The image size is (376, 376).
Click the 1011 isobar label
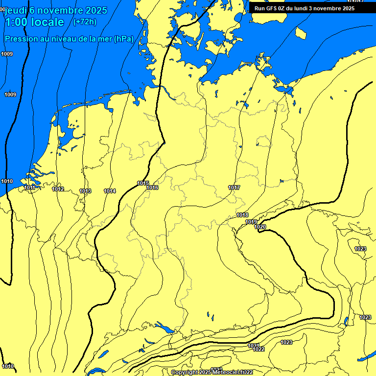click(29, 188)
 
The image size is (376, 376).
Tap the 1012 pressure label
click(58, 189)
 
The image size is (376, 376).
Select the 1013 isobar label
click(85, 191)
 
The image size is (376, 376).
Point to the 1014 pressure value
click(110, 191)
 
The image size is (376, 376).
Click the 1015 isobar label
click(143, 184)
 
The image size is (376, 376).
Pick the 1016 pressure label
click(152, 188)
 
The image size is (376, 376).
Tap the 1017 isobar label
click(234, 188)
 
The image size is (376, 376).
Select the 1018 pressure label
click(242, 215)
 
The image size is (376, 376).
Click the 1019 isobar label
click(251, 222)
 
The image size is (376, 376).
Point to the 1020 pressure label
click(260, 227)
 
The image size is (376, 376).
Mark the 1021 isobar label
click(254, 346)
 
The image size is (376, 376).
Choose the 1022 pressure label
click(259, 350)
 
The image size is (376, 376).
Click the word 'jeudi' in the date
click(15, 10)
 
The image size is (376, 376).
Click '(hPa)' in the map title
click(123, 39)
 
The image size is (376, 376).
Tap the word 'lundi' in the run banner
click(310, 8)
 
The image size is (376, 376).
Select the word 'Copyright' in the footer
click(184, 373)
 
